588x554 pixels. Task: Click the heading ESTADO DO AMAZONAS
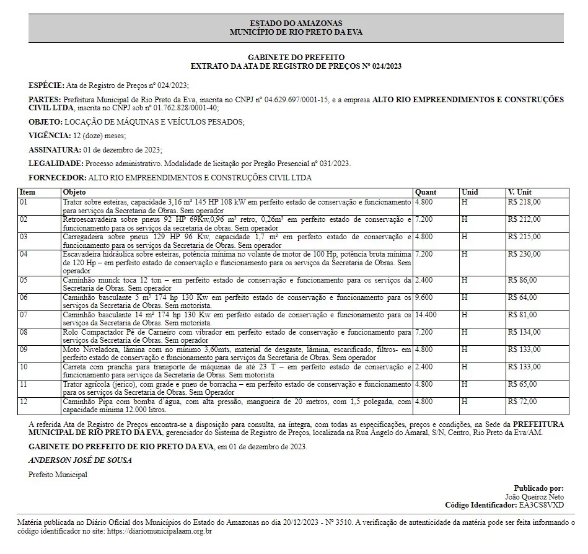(x=296, y=23)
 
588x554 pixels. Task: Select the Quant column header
(x=426, y=192)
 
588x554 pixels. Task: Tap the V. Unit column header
(x=519, y=192)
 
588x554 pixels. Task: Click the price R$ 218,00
(x=524, y=202)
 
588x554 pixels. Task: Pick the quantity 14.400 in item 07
(x=426, y=315)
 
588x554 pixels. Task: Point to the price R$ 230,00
(x=524, y=254)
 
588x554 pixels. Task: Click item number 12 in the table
(x=24, y=402)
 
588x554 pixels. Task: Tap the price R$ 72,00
(x=522, y=402)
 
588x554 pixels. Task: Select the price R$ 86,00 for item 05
(x=522, y=280)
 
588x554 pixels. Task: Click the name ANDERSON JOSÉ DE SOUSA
(x=80, y=460)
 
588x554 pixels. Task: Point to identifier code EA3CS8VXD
(x=542, y=506)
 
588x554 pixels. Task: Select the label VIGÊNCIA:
(x=50, y=136)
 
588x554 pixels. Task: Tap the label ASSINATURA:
(x=55, y=150)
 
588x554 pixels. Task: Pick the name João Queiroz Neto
(x=535, y=497)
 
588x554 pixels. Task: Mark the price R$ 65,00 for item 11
(x=522, y=384)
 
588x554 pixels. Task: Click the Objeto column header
(x=74, y=192)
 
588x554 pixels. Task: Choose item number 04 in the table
(x=24, y=254)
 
